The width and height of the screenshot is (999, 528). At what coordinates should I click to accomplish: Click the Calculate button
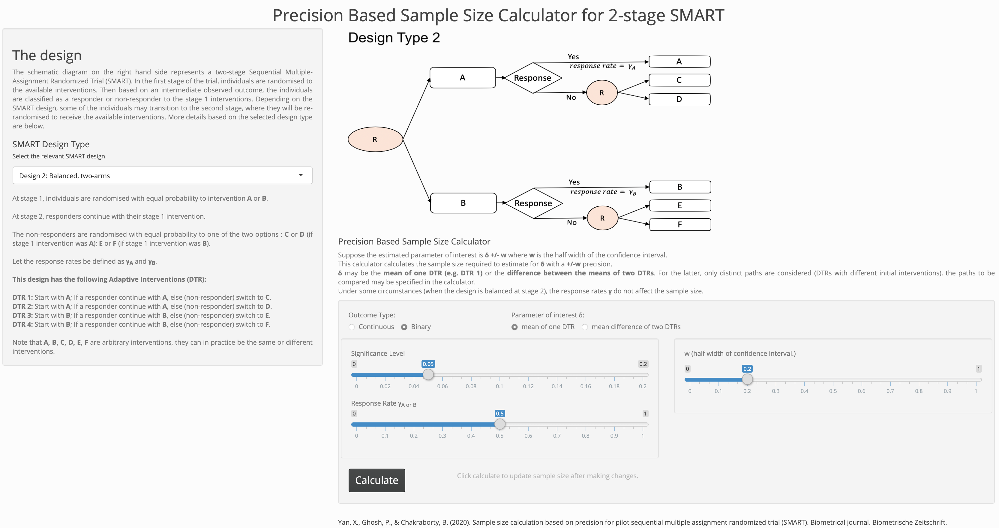click(x=376, y=480)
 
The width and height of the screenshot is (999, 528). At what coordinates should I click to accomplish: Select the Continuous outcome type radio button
click(x=352, y=327)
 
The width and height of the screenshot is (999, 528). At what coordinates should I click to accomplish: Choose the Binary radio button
click(x=404, y=327)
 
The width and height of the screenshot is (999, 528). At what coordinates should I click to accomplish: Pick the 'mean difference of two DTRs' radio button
click(x=585, y=327)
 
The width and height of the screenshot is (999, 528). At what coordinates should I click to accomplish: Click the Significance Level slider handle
click(x=428, y=374)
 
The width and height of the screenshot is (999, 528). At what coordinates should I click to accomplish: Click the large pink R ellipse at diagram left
click(x=375, y=139)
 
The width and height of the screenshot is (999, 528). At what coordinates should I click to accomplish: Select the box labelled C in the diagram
click(x=679, y=80)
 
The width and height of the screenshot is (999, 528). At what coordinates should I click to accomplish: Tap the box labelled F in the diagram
click(x=679, y=225)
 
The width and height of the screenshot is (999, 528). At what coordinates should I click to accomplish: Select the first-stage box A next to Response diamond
click(x=462, y=78)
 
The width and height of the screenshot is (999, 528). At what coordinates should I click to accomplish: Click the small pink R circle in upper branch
click(x=601, y=93)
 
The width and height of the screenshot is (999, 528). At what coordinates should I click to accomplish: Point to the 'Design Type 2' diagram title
click(x=394, y=37)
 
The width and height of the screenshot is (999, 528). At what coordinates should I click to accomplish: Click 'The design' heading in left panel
click(x=47, y=55)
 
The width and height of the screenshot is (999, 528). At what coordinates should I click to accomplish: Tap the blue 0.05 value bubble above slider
click(x=428, y=364)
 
